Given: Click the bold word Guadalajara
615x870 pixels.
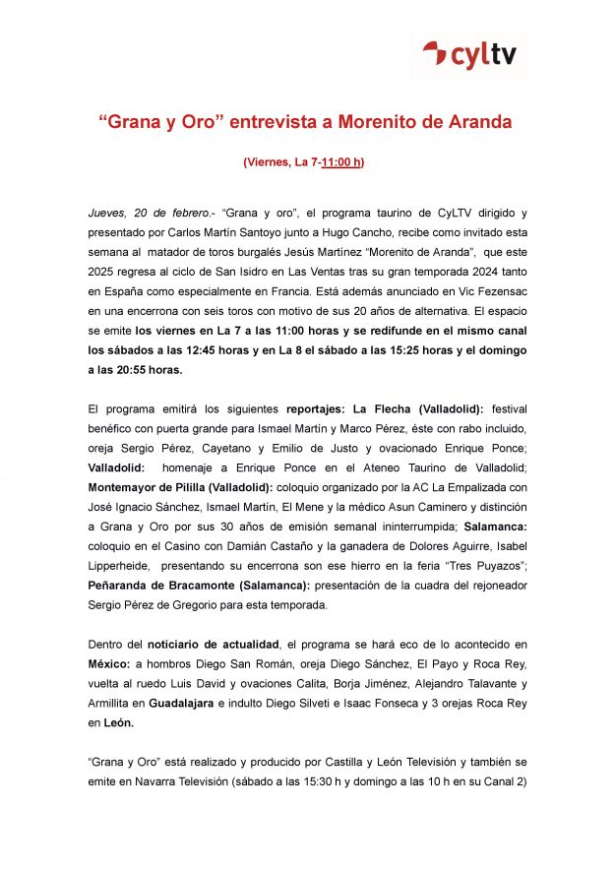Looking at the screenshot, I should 179,702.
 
